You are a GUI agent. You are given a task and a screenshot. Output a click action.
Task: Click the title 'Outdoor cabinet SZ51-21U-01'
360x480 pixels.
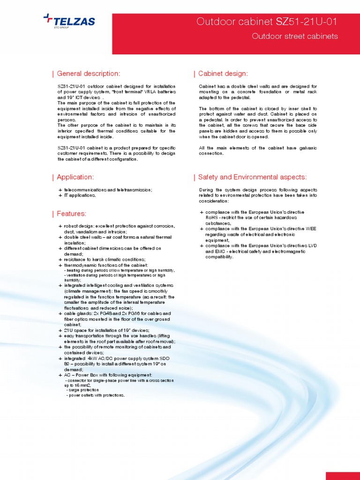point(267,22)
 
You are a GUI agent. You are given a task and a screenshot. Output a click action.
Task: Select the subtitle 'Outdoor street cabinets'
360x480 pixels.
point(294,37)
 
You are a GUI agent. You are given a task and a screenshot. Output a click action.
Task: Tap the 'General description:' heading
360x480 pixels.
point(88,74)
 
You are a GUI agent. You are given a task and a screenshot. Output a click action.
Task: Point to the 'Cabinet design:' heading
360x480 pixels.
point(223,74)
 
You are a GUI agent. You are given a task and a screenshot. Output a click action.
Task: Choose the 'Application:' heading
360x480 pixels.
point(75,177)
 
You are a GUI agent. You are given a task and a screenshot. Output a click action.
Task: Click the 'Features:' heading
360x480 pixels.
point(71,214)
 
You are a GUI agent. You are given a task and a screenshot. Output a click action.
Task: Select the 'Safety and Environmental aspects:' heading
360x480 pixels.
point(252,177)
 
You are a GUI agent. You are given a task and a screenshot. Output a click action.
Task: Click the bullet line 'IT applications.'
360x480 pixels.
point(80,195)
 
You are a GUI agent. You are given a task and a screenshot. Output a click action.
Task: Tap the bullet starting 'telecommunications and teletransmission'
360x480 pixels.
point(108,189)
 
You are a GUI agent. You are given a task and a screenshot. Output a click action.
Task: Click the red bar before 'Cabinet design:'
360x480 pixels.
point(194,74)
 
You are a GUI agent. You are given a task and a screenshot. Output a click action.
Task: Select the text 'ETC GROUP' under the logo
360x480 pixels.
point(61,28)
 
